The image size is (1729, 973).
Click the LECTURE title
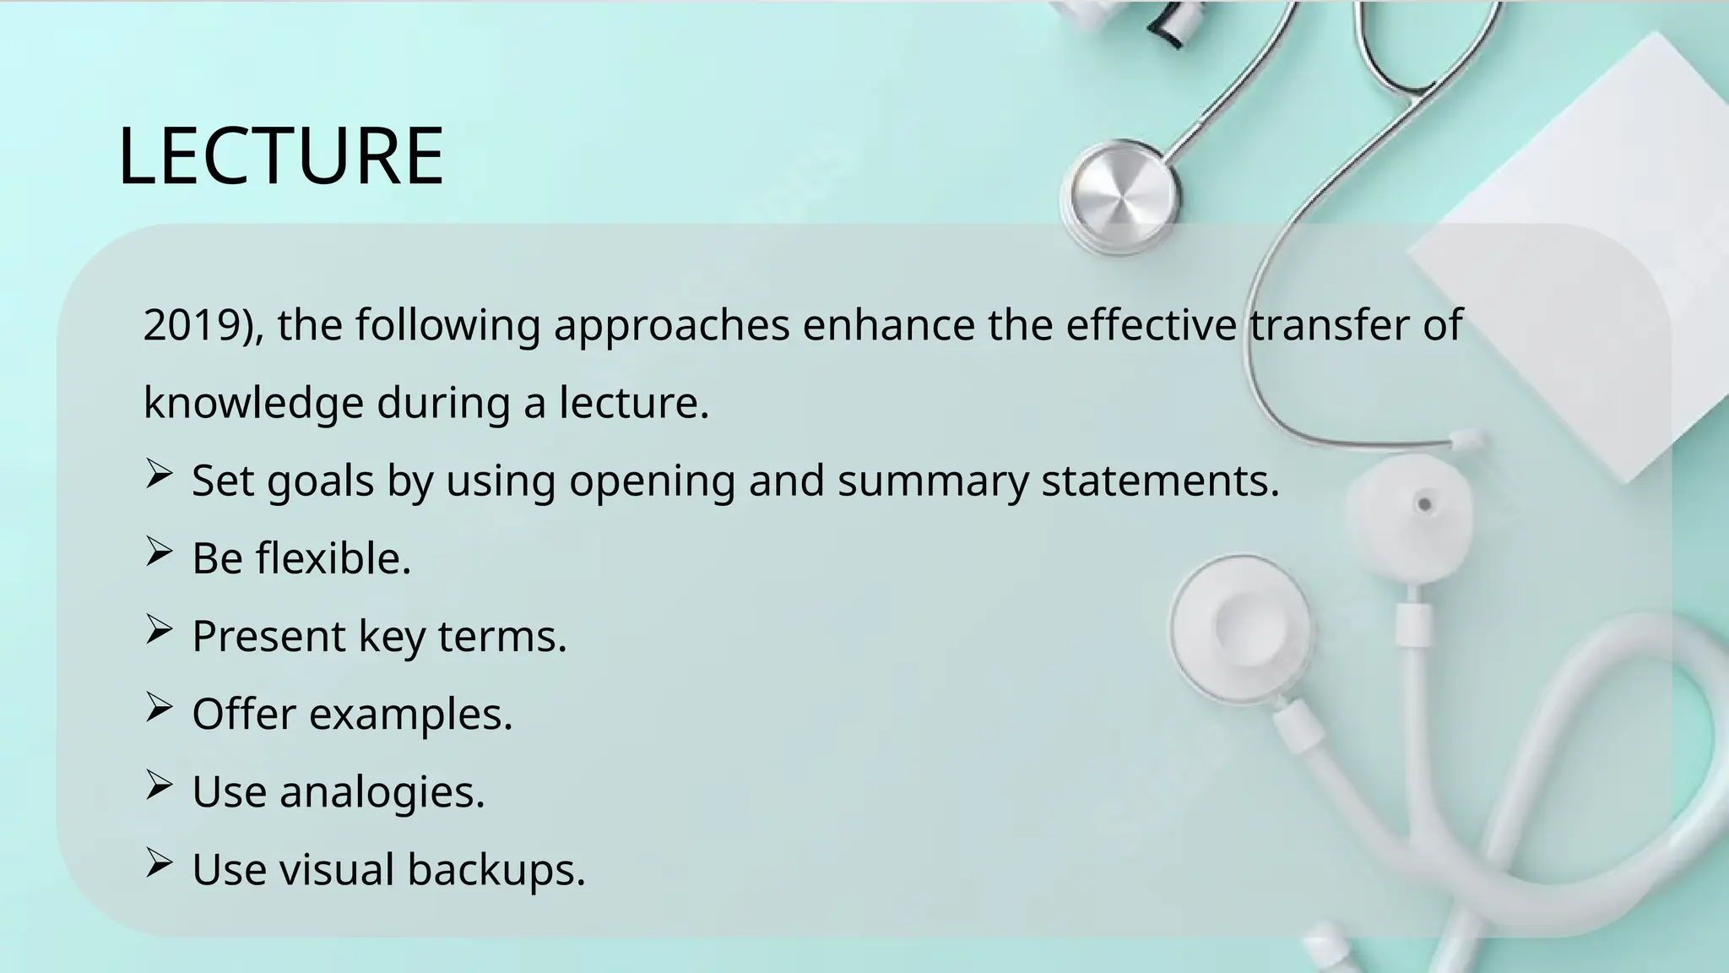[280, 156]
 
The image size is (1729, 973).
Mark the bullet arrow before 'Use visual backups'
[159, 862]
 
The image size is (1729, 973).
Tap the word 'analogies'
[382, 793]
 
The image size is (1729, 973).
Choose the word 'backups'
[496, 870]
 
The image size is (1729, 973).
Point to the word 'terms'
[502, 636]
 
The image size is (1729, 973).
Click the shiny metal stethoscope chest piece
[1120, 196]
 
